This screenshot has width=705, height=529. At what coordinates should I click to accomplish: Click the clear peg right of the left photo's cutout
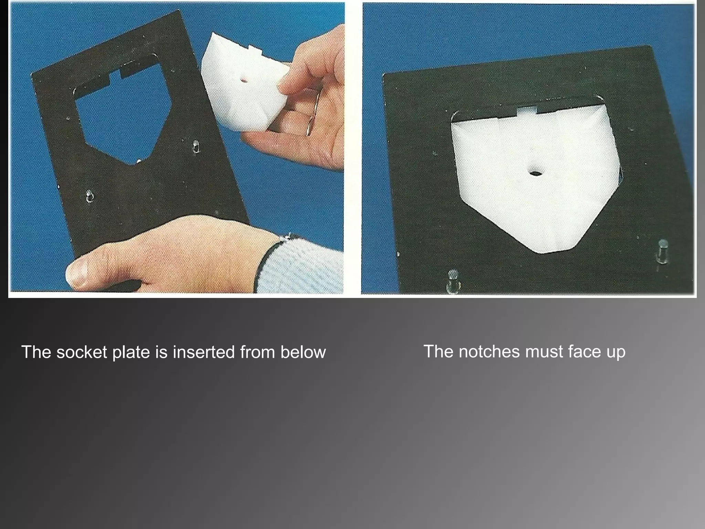(196, 146)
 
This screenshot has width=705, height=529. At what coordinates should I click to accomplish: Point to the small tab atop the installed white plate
(527, 111)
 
